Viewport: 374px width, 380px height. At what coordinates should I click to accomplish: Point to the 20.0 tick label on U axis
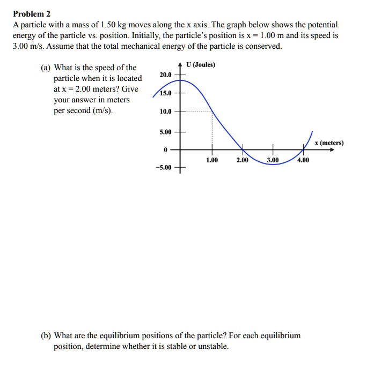165,76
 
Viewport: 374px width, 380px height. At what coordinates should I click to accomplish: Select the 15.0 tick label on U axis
165,93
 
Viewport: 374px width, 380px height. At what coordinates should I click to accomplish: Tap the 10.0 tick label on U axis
165,111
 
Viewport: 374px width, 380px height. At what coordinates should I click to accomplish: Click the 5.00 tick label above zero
165,131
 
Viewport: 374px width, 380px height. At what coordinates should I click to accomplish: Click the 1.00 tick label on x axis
212,160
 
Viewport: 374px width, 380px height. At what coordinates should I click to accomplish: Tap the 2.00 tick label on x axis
243,160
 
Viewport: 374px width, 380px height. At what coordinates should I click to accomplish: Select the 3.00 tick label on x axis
273,160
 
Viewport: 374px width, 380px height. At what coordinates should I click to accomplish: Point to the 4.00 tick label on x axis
303,160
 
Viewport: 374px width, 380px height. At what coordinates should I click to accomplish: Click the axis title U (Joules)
201,65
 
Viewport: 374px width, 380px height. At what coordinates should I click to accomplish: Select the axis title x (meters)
329,143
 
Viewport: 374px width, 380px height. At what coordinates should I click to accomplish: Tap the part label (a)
47,68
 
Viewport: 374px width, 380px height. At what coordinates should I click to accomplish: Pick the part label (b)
47,336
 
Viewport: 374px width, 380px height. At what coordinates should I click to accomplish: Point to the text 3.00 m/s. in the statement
27,46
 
